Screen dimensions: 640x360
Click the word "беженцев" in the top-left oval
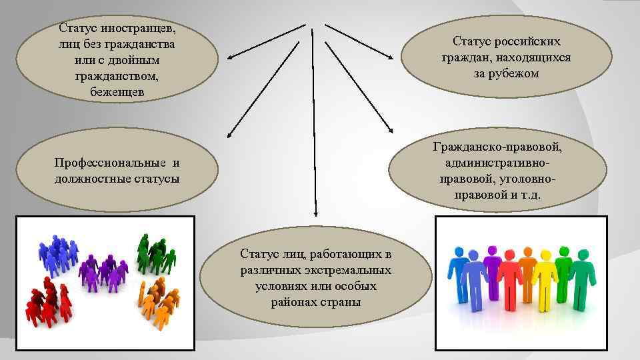(x=117, y=92)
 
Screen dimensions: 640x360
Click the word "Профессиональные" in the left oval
(x=111, y=163)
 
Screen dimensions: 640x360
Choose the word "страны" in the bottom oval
(x=338, y=302)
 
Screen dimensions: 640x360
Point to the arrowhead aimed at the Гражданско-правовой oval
(x=391, y=129)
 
